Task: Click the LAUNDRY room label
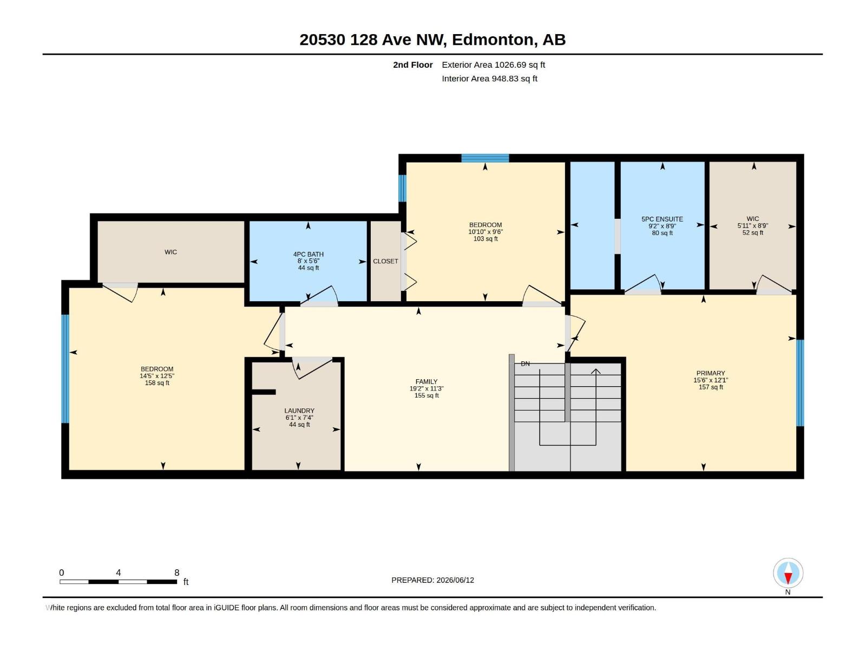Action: click(299, 411)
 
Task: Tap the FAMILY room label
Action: click(427, 382)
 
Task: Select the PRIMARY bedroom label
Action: click(711, 373)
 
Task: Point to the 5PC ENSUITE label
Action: click(662, 219)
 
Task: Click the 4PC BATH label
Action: click(308, 254)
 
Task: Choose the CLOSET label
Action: click(385, 261)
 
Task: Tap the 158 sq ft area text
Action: click(157, 383)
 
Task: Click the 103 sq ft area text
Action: click(486, 239)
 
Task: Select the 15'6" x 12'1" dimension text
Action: click(711, 380)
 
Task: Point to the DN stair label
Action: click(525, 363)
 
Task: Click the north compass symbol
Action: click(788, 573)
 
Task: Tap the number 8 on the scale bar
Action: click(177, 573)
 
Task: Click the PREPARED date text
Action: click(433, 580)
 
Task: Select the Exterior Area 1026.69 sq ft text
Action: click(493, 64)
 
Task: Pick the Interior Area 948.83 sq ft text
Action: click(489, 79)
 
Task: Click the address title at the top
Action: click(432, 40)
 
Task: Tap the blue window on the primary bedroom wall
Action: click(800, 383)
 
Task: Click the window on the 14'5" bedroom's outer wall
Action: click(65, 369)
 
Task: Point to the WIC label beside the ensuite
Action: click(752, 219)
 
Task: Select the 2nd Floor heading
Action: click(412, 64)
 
